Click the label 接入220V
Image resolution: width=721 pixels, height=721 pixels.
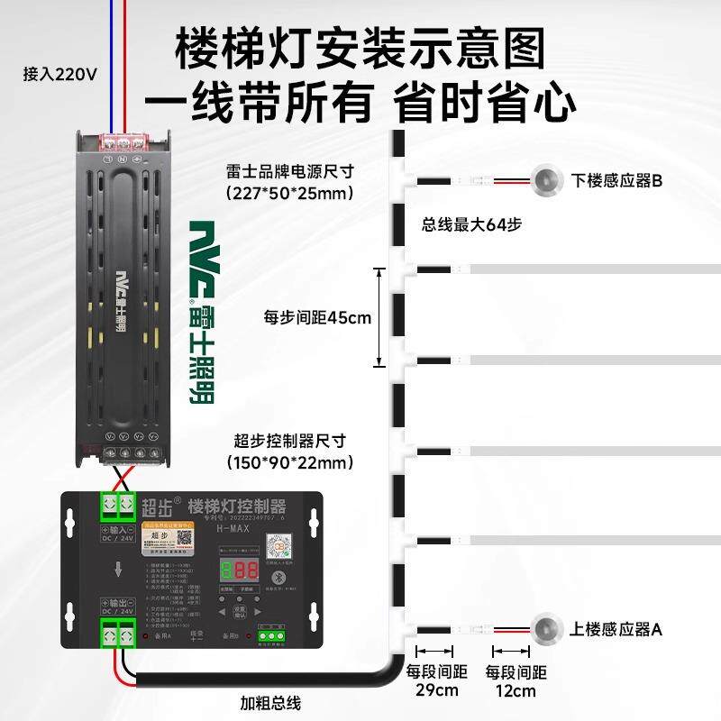coord(59,75)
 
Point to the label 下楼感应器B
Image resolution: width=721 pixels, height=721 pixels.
coord(617,181)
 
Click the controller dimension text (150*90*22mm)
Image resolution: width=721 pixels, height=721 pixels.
coord(290,463)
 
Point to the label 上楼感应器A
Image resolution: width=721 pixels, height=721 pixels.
coord(617,630)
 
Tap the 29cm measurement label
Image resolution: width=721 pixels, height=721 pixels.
coord(436,691)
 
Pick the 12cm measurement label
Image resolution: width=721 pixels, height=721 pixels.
coord(515,691)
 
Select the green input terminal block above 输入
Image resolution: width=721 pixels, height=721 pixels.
coord(117,505)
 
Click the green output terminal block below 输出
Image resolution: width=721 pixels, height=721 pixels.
coord(117,634)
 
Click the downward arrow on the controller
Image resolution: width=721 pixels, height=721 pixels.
coord(119,569)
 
